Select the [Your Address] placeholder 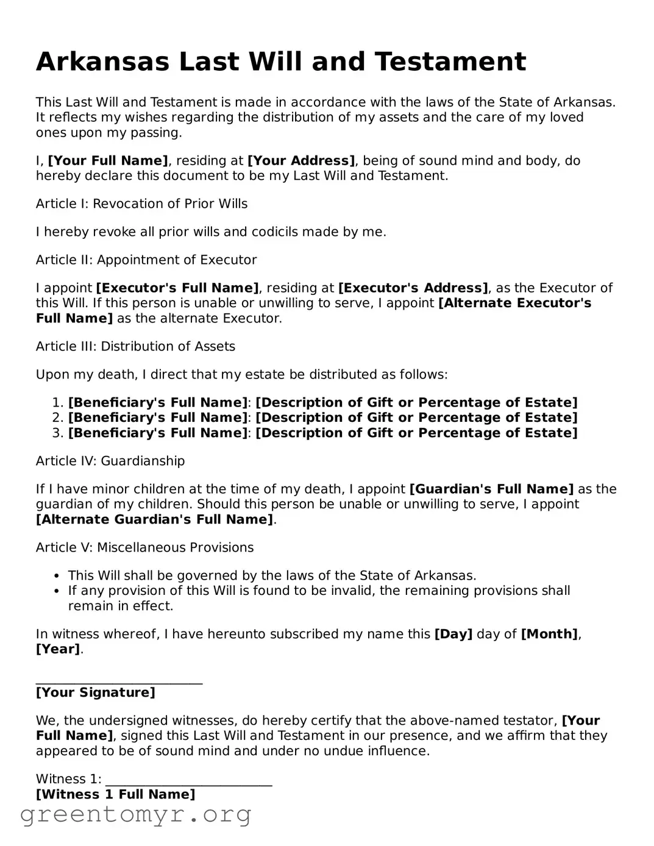tap(301, 161)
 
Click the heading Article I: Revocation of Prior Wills tap(141, 204)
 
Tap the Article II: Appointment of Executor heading tap(146, 260)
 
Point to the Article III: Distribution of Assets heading tap(135, 346)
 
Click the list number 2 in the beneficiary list tap(57, 418)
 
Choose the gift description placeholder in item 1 tap(416, 402)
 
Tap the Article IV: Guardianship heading tap(110, 461)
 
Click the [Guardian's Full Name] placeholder tap(491, 489)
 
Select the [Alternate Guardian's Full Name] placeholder tap(155, 519)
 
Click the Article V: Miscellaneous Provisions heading tap(144, 547)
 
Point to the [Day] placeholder tap(453, 634)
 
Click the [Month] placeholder tap(549, 634)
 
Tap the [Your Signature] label tap(96, 692)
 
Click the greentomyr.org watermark tap(136, 814)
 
